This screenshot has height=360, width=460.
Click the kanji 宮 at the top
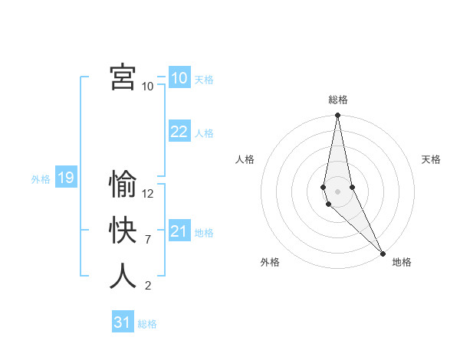click(x=123, y=77)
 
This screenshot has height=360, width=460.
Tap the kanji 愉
click(x=123, y=185)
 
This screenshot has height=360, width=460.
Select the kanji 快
click(x=123, y=231)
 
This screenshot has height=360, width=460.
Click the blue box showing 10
click(x=179, y=78)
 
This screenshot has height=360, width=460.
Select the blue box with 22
click(x=179, y=132)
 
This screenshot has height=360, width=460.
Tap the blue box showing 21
click(x=179, y=231)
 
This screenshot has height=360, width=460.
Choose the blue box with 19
click(x=66, y=178)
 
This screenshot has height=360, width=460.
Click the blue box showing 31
click(x=123, y=322)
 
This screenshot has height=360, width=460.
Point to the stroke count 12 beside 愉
click(x=148, y=194)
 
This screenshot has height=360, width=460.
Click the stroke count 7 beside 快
click(x=147, y=240)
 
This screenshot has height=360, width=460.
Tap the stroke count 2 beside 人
click(x=147, y=286)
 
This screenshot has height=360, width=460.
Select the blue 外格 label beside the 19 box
click(x=41, y=179)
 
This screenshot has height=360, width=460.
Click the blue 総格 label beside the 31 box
click(x=147, y=324)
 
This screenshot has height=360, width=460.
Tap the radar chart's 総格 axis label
click(x=337, y=100)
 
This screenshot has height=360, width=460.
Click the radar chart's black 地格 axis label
click(x=402, y=262)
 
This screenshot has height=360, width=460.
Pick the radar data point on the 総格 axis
click(x=337, y=116)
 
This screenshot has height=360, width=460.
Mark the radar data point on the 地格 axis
click(x=383, y=252)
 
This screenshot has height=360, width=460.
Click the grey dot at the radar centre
click(x=337, y=191)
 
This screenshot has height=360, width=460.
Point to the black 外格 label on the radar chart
click(x=270, y=262)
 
